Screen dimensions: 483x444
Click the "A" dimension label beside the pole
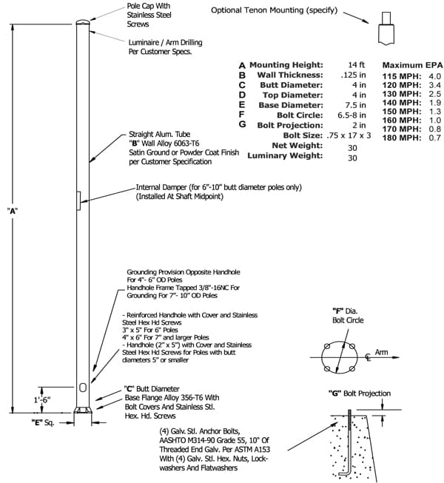point(12,211)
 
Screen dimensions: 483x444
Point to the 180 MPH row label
point(400,138)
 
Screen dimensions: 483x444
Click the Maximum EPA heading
point(412,65)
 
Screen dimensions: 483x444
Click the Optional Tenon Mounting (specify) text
point(274,10)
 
